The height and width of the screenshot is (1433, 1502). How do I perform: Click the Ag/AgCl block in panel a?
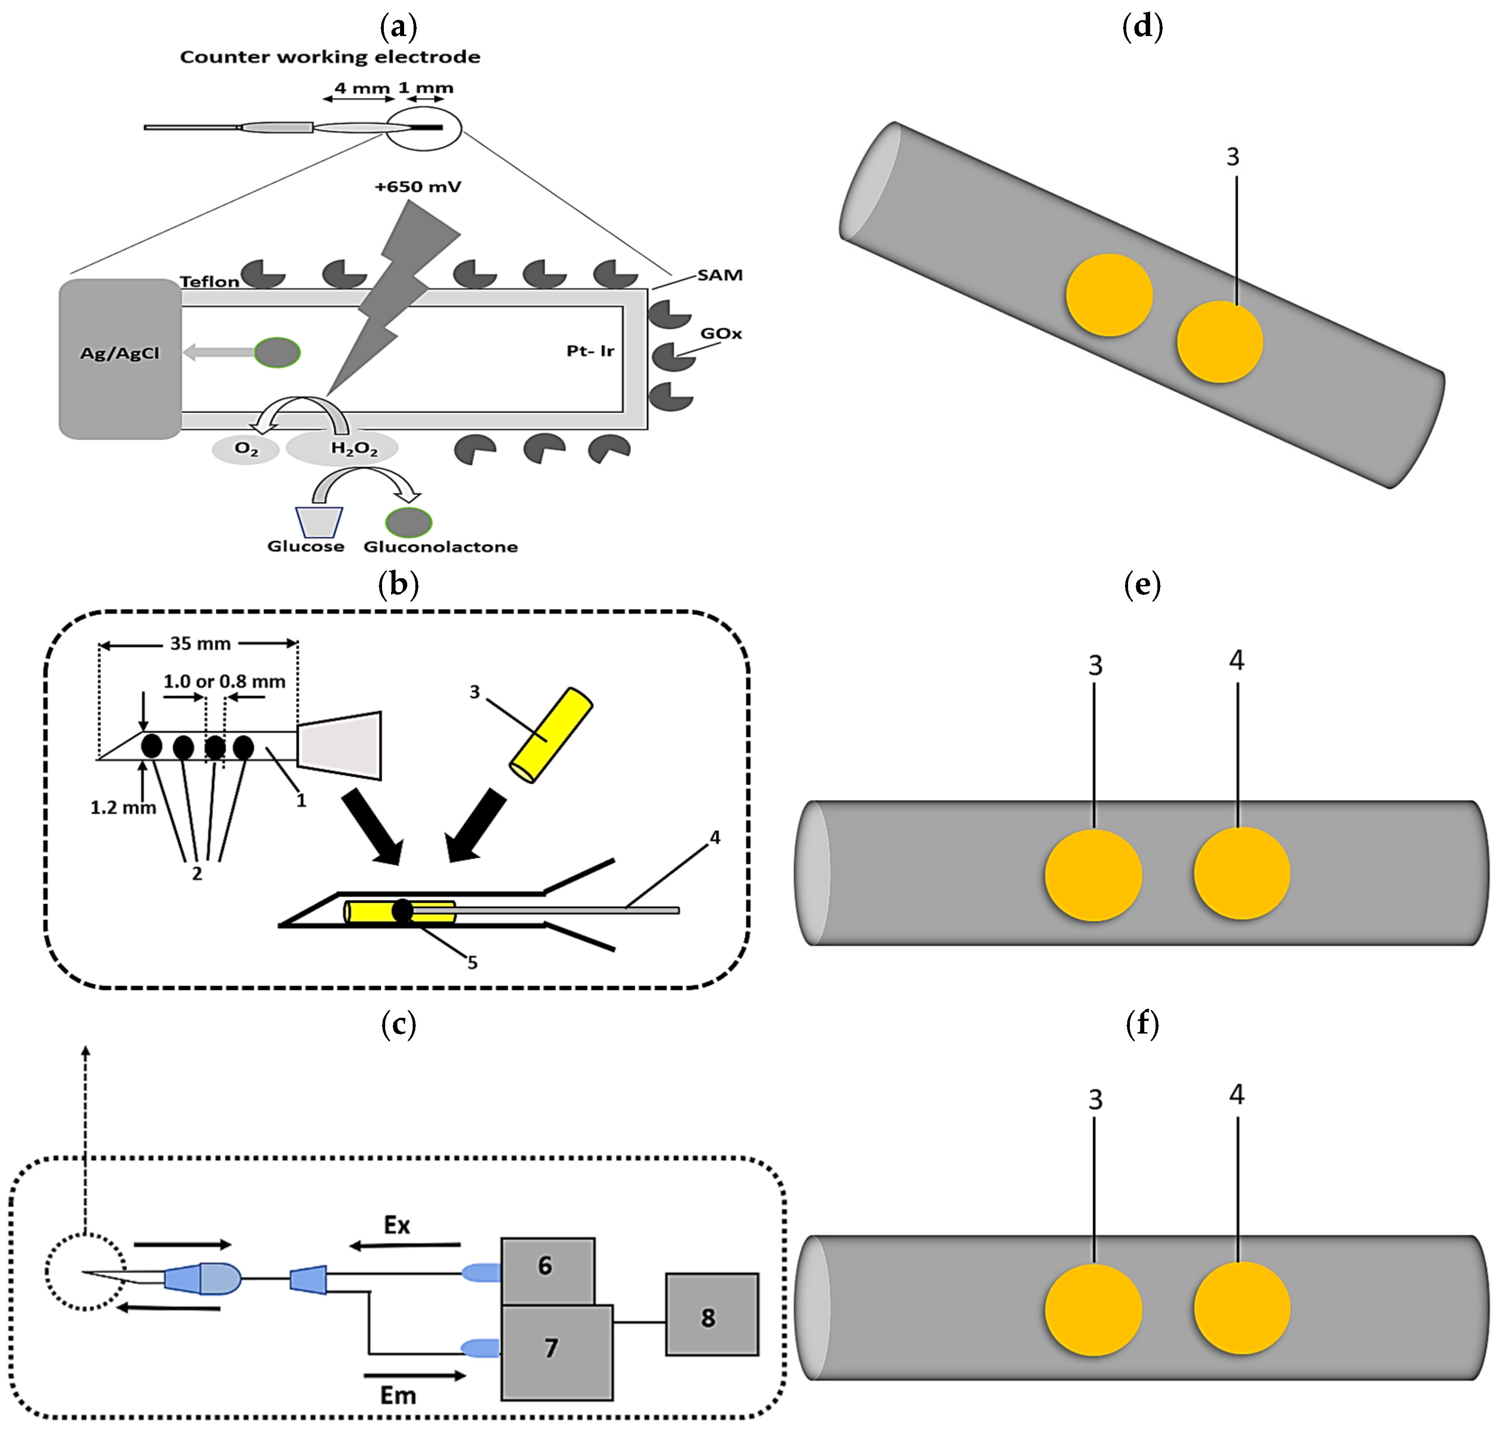(x=120, y=358)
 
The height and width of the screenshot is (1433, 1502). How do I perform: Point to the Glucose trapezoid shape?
(x=319, y=522)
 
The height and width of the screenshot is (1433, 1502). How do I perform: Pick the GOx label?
(x=720, y=334)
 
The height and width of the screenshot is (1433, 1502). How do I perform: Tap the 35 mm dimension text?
(x=200, y=643)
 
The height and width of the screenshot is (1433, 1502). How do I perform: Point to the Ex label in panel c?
(x=396, y=1225)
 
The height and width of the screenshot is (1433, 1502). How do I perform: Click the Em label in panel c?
(x=398, y=1396)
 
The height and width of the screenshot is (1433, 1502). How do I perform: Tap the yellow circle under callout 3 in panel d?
(x=1220, y=341)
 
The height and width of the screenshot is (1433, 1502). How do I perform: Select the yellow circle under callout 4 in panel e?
(x=1242, y=873)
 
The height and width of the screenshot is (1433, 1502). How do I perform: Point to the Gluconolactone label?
(x=440, y=547)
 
